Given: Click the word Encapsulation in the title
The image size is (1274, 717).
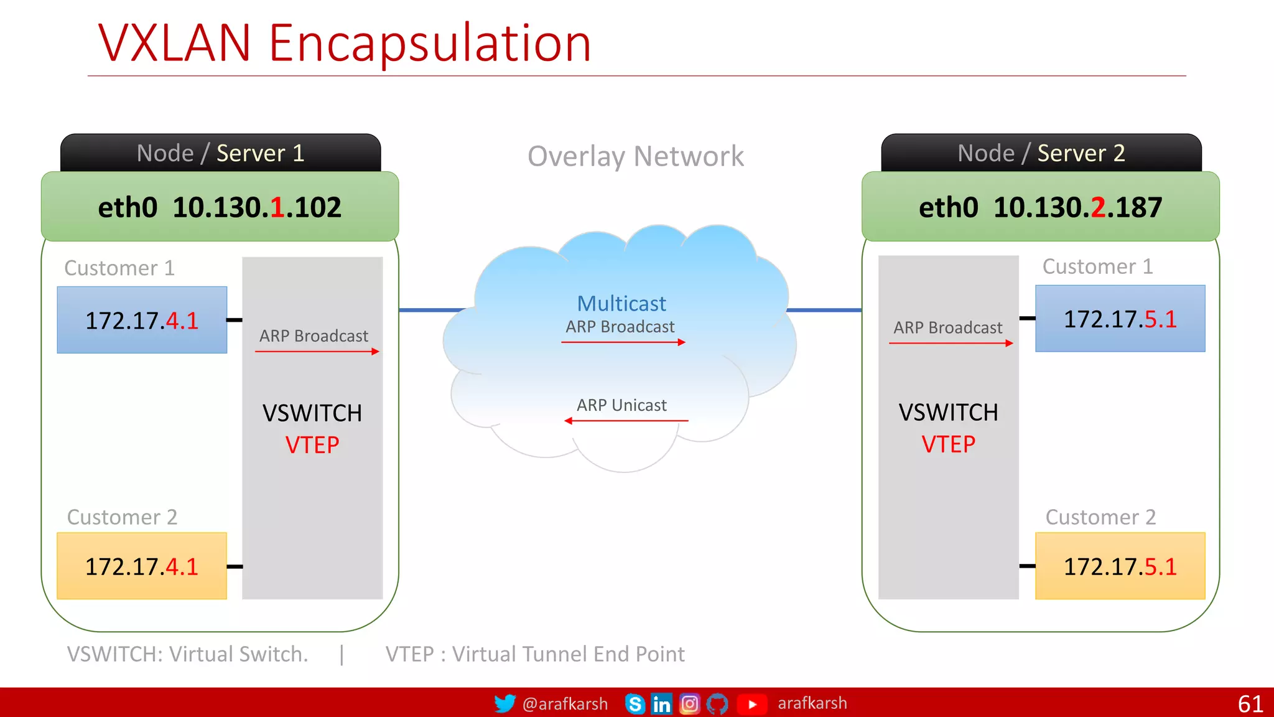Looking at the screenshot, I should [429, 44].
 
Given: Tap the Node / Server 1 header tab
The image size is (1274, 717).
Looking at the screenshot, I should [220, 153].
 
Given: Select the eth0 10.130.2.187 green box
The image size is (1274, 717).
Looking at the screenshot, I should [1040, 207].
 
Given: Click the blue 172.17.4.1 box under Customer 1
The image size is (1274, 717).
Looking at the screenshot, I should [142, 320].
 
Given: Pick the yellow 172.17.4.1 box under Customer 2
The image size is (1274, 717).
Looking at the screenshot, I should [142, 566].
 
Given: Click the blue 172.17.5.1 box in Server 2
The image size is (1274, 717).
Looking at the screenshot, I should [1120, 319].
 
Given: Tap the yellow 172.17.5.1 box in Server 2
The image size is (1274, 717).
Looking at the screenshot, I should [1120, 566].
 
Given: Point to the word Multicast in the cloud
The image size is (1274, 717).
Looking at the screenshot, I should [621, 304].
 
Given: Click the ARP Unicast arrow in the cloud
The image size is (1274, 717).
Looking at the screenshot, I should [626, 421].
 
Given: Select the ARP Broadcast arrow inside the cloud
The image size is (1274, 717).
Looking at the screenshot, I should [623, 342].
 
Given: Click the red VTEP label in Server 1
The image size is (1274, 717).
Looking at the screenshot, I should [312, 445].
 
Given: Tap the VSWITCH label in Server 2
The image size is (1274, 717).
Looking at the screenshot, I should [948, 413].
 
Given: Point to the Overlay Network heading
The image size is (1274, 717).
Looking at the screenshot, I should [635, 156].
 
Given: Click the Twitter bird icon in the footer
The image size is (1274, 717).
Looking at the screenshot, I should [504, 703].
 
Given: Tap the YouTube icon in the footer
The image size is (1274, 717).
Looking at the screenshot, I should [751, 704].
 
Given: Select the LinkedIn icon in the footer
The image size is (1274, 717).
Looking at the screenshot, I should [661, 704].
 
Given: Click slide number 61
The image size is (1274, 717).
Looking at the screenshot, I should [1250, 704].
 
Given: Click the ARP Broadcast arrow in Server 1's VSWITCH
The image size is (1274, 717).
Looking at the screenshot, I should [317, 352].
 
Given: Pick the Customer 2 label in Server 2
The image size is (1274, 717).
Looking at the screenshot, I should [1100, 517].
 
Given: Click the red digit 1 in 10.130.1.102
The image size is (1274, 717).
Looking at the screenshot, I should [277, 207].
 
